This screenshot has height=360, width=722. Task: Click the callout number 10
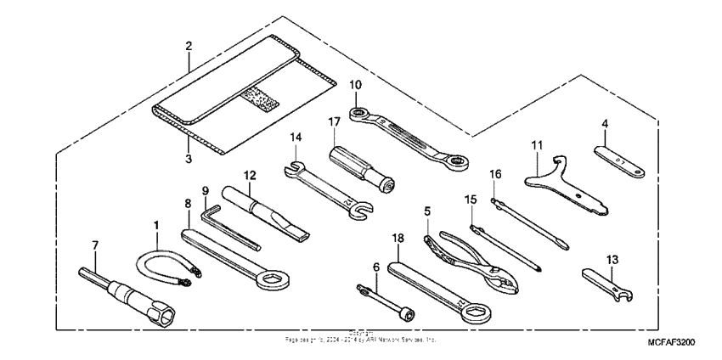pos(354,84)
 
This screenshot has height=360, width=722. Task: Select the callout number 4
pos(605,124)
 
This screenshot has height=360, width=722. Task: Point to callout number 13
pos(612,259)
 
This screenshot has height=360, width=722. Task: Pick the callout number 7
pos(95,245)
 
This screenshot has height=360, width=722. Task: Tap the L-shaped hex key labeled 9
pos(229,228)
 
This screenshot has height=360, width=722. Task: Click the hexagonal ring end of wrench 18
pos(472,313)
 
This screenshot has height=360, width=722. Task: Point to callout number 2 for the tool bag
pos(189,44)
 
